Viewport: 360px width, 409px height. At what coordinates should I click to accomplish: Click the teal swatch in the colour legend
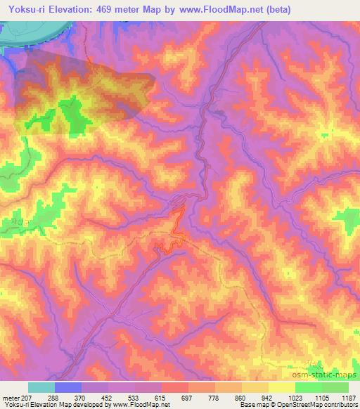[x=41, y=388]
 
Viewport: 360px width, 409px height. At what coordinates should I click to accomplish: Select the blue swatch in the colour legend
[x=67, y=388]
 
